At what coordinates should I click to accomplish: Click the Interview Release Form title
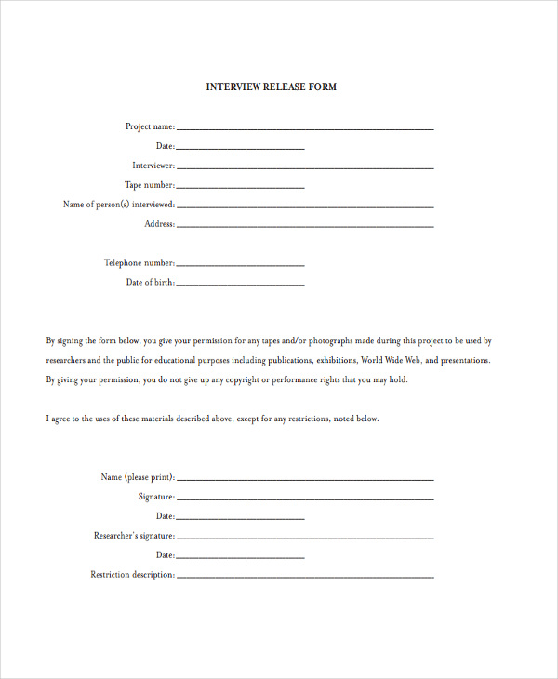pos(271,87)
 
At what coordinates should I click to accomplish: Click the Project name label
pos(150,126)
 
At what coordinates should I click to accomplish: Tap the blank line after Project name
pos(304,128)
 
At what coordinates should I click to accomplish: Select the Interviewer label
pos(153,166)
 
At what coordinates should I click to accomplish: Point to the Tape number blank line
pos(240,187)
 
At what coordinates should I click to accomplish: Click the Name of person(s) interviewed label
pos(118,205)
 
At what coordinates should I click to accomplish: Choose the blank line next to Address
pos(304,226)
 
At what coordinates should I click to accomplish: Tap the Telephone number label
pos(139,263)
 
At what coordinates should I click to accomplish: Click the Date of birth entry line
pos(240,285)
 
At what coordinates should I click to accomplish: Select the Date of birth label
pos(150,283)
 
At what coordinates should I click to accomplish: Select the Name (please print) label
pos(137,477)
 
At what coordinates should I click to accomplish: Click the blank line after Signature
pos(304,499)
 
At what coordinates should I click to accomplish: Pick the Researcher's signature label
pos(134,536)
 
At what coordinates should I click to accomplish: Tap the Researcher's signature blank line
pos(304,539)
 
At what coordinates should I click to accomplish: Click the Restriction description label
pos(132,575)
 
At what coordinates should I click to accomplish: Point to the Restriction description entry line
pos(304,578)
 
